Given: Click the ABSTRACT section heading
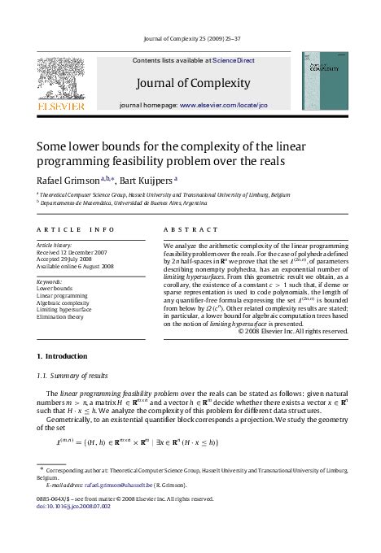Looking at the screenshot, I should coord(190,230).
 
